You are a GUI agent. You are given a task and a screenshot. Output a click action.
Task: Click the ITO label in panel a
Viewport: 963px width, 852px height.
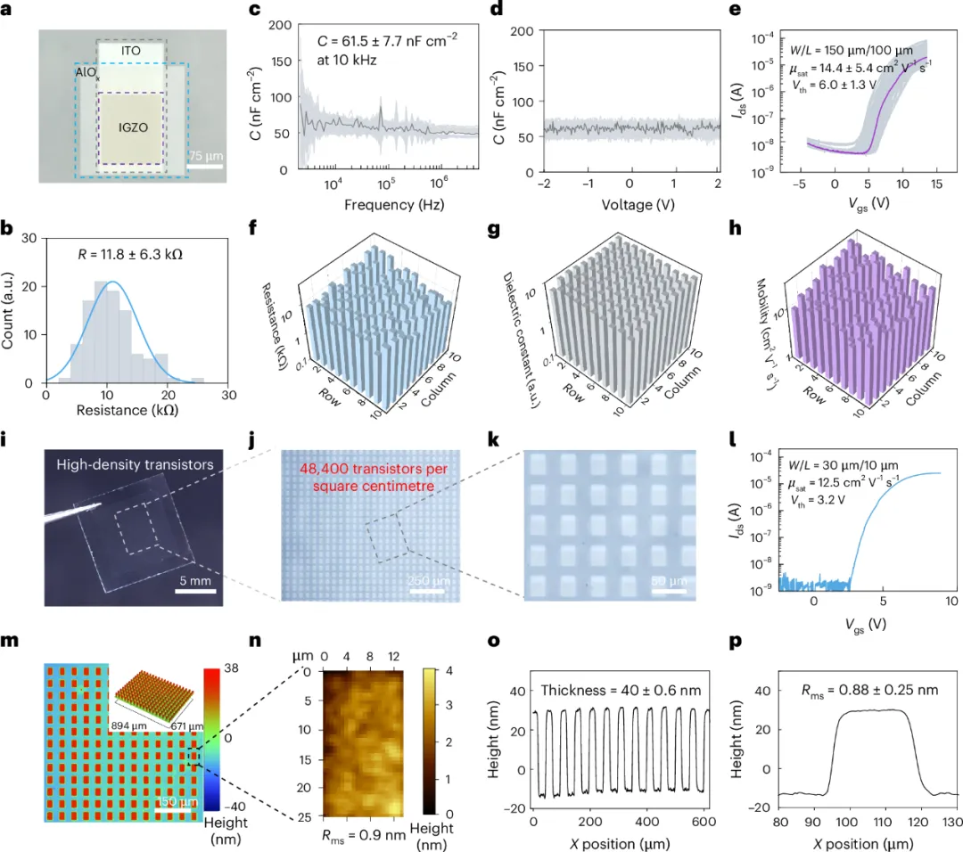click(131, 53)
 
